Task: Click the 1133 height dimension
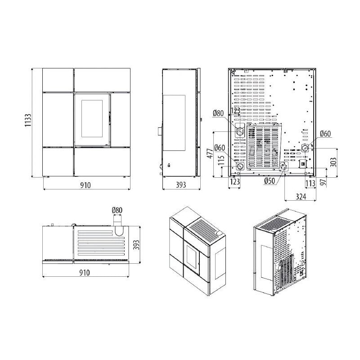(27, 121)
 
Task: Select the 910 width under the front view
(85, 185)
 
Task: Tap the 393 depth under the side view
(180, 185)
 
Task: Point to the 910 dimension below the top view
(84, 273)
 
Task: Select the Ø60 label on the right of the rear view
(325, 134)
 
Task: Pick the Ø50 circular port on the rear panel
(283, 168)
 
